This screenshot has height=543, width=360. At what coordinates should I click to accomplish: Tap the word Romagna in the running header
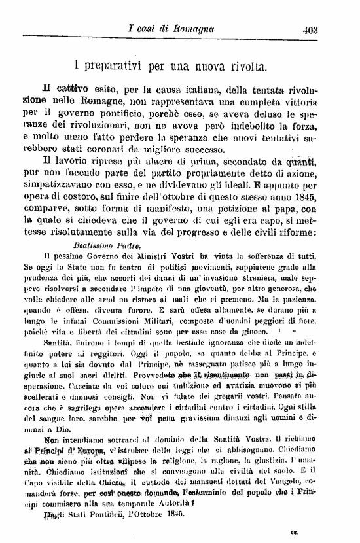[194, 29]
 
